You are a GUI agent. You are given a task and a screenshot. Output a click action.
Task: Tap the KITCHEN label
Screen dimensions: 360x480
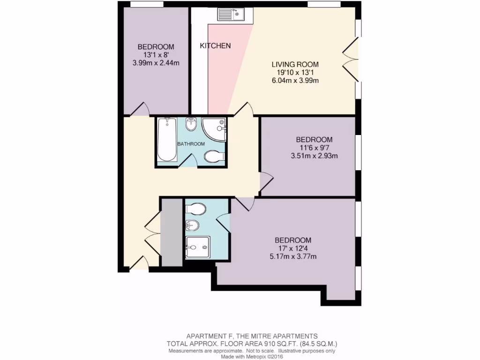(x=215, y=46)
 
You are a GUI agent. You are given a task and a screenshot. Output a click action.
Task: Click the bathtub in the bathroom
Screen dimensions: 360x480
(x=167, y=139)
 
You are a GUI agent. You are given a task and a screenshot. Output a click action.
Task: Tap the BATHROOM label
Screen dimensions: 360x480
(x=191, y=144)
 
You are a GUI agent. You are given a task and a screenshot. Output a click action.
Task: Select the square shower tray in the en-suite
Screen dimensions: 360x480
(x=197, y=247)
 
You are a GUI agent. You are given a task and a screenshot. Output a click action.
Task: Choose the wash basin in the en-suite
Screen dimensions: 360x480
(x=193, y=225)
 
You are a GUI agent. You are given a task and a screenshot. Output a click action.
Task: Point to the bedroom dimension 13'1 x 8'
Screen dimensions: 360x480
(x=156, y=55)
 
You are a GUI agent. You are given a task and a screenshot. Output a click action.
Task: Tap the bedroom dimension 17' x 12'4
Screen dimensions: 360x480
(x=294, y=248)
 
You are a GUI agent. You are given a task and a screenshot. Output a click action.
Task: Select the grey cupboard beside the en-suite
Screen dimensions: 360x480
(x=171, y=232)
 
